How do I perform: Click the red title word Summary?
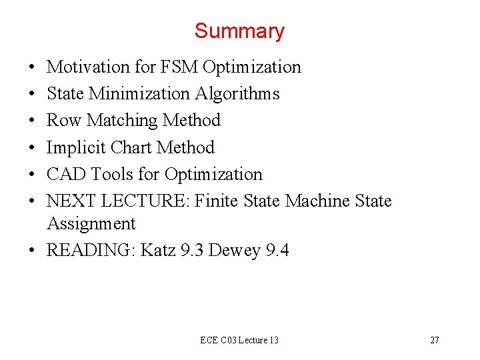[239, 31]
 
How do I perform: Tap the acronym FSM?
[181, 67]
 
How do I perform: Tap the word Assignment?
[91, 223]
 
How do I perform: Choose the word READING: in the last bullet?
[91, 251]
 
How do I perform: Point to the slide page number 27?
[434, 340]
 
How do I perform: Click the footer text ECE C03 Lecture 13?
[239, 340]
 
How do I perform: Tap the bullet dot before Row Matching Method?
[32, 121]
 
